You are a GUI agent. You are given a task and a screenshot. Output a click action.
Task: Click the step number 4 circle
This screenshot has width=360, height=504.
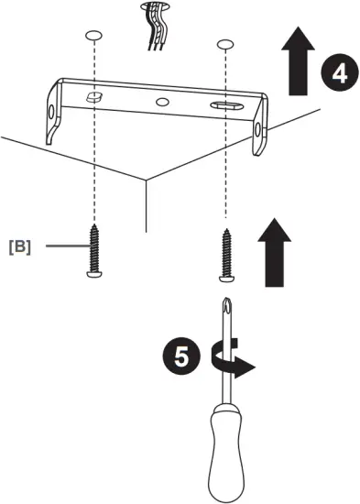338,73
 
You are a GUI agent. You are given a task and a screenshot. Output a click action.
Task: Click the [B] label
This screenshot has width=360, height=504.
19,246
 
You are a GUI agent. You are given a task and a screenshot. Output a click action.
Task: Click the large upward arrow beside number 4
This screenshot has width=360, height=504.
296,62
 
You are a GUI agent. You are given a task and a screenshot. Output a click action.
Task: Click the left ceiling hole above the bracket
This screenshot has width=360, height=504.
92,35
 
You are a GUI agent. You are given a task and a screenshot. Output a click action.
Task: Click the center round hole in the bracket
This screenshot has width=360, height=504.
162,103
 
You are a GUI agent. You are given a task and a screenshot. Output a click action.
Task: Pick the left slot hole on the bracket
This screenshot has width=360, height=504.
92,96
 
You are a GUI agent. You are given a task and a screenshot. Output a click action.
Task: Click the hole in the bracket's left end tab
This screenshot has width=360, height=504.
51,109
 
